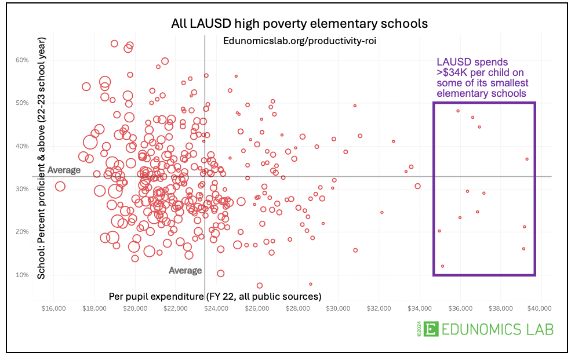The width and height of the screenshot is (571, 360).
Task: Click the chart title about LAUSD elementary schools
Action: (299, 24)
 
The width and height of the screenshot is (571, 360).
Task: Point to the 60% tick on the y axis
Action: (22, 60)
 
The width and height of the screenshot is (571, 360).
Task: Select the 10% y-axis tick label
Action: (22, 275)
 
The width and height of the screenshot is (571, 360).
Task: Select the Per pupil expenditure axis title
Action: (215, 296)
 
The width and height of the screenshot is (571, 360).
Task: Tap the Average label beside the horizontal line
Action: (63, 170)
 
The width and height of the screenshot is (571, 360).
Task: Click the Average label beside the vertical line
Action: (185, 271)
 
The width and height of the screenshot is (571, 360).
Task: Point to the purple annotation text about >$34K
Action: (482, 77)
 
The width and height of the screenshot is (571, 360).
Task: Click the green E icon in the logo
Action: (430, 329)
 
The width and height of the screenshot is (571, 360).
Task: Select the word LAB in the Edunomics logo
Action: (536, 329)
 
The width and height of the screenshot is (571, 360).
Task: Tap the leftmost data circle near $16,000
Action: (60, 186)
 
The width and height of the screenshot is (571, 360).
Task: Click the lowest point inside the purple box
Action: (442, 266)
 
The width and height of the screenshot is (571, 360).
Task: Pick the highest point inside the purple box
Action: (458, 111)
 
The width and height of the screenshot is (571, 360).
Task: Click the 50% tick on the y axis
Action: (22, 103)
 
